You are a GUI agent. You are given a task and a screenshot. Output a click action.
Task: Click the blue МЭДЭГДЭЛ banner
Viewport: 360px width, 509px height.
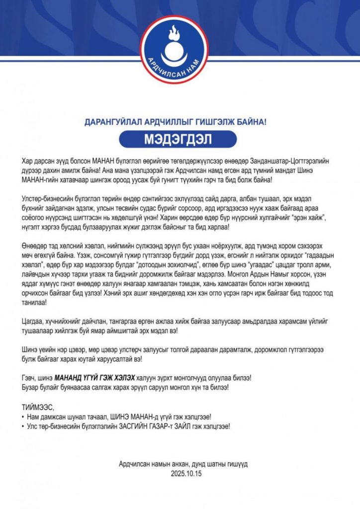tap(179, 139)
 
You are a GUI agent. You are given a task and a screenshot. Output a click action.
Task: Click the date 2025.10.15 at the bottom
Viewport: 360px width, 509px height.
tap(183, 473)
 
